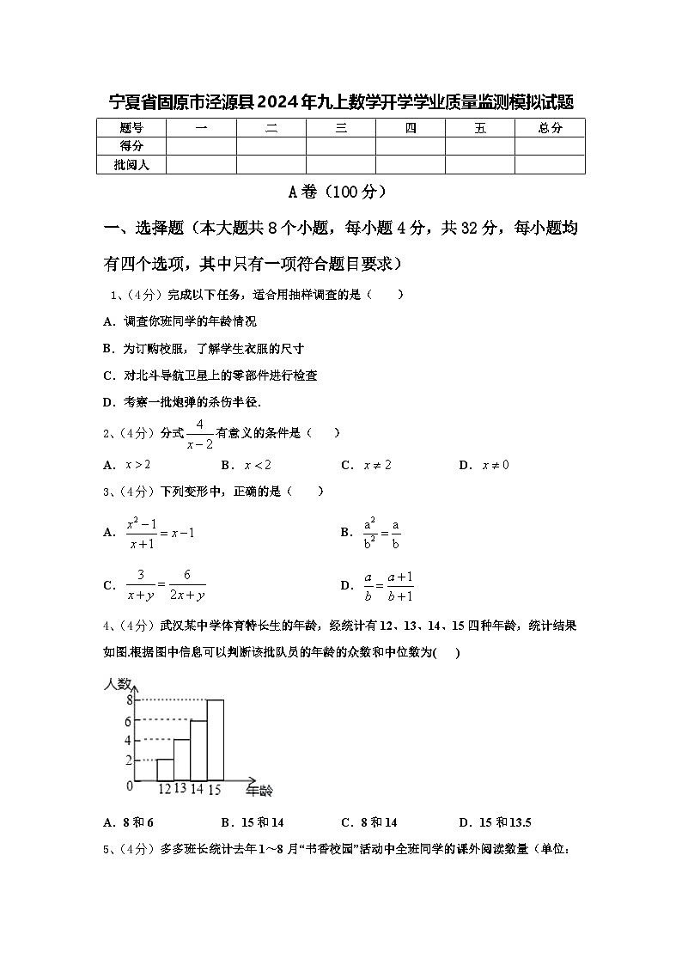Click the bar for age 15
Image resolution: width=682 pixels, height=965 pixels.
215,739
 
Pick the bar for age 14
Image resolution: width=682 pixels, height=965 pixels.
198,749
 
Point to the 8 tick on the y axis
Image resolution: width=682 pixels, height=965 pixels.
129,699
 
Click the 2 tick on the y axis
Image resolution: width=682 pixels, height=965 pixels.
129,760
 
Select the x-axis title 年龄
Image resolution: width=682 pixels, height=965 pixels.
259,789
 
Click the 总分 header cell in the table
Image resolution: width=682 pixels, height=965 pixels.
550,128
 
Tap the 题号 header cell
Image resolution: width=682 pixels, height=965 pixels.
131,128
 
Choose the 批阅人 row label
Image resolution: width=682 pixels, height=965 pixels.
131,165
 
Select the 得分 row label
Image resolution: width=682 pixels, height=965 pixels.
131,146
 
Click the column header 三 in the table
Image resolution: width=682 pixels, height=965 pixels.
341,128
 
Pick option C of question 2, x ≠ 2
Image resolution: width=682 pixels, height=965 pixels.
367,465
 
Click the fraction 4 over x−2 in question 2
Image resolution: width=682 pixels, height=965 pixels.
199,434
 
